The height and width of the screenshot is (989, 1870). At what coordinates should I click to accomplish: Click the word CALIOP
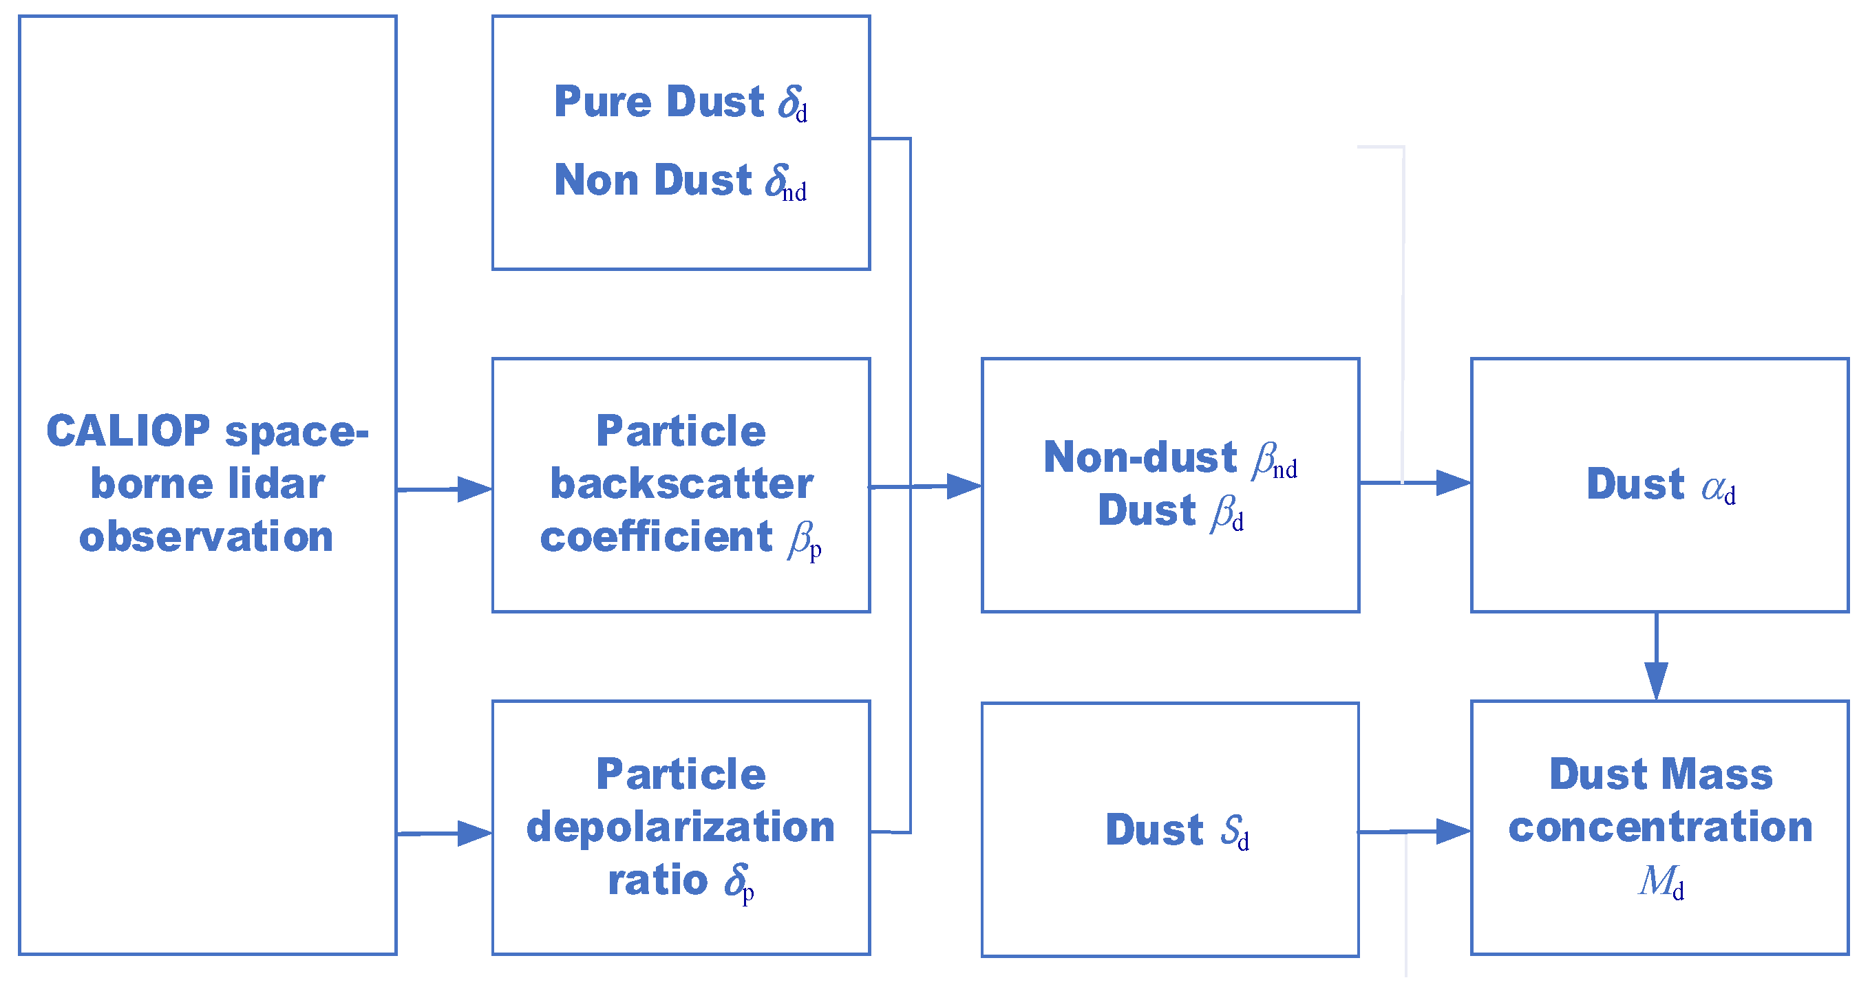tap(129, 431)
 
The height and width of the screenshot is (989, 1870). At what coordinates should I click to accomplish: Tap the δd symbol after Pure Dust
tap(792, 104)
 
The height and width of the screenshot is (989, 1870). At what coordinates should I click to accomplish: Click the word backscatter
tap(681, 484)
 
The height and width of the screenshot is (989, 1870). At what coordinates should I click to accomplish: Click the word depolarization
tap(680, 827)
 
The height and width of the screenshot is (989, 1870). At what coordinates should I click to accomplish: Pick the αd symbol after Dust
tap(1719, 488)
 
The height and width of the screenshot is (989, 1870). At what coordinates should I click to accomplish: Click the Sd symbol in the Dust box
tap(1235, 832)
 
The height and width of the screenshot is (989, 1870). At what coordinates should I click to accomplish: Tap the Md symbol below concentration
tap(1661, 882)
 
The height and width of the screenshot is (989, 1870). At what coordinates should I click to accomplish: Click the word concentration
tap(1660, 827)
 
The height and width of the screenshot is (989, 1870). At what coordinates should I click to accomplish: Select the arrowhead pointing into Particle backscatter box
tap(474, 489)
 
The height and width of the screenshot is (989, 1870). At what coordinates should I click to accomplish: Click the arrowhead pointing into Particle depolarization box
tap(474, 833)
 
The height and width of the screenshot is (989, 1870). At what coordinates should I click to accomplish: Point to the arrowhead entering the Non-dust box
tap(964, 486)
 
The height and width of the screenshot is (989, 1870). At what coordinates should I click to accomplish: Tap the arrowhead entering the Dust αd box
tap(1453, 483)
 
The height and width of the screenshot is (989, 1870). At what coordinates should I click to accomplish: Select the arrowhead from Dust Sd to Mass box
tap(1453, 832)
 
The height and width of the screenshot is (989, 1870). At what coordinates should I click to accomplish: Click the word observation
tap(206, 537)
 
